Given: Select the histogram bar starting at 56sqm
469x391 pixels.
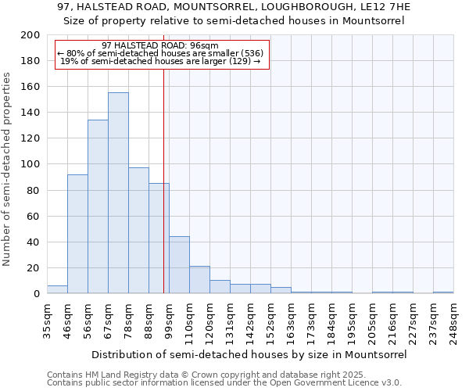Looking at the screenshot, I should click(x=98, y=207).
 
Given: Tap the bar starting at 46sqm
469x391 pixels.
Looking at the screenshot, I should click(x=77, y=234).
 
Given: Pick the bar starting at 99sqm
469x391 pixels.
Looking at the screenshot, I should click(x=179, y=265).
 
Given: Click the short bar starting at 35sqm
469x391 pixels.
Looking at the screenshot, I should click(x=57, y=289).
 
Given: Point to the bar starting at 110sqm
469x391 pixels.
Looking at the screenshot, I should click(x=199, y=280).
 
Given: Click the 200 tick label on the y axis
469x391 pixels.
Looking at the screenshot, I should click(x=30, y=35).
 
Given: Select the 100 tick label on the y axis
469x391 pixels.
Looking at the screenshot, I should click(x=30, y=164).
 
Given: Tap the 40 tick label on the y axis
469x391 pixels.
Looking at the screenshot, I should click(x=34, y=242).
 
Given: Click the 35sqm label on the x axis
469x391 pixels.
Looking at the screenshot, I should click(x=48, y=321).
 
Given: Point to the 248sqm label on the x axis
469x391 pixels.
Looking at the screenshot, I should click(x=454, y=321).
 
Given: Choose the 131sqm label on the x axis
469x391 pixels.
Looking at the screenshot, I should click(x=231, y=321).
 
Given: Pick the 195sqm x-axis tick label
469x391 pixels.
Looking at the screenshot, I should click(x=353, y=321).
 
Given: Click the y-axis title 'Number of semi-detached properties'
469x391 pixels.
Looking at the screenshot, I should click(x=8, y=169).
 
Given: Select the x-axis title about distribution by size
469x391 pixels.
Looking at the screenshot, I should click(x=250, y=354).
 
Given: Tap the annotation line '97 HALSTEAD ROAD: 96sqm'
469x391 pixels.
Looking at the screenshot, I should click(x=160, y=45).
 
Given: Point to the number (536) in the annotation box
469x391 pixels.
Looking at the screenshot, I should click(x=251, y=53).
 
